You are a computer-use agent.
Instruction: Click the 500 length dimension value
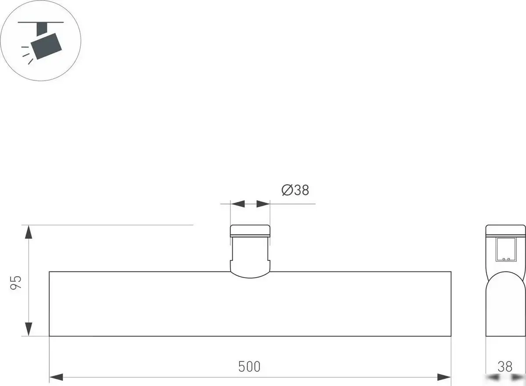[x=249, y=366]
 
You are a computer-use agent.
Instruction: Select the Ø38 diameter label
[x=295, y=190]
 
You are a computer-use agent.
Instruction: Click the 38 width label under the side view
[x=505, y=366]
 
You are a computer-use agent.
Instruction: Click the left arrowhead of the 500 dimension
[x=57, y=377]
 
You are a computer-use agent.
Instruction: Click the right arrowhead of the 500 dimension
[x=444, y=377]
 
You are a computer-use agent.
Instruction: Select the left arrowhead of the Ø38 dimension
[x=238, y=204]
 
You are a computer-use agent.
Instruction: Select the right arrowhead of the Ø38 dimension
[x=263, y=204]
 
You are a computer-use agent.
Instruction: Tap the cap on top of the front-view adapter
[x=250, y=231]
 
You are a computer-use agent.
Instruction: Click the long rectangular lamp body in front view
[x=250, y=307]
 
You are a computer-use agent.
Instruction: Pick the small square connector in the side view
[x=506, y=250]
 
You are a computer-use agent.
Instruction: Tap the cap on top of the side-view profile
[x=505, y=231]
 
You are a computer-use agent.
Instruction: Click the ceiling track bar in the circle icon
[x=44, y=21]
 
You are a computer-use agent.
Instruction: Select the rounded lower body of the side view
[x=505, y=307]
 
